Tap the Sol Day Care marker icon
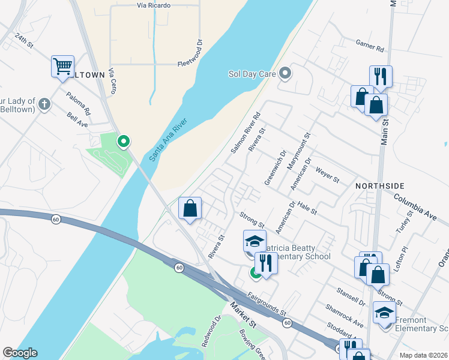(285, 74)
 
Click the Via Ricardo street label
(154, 5)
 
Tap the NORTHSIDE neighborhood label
(379, 185)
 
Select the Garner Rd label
(369, 45)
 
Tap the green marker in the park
(124, 142)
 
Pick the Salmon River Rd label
(245, 131)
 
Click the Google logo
(19, 353)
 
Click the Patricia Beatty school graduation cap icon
(254, 241)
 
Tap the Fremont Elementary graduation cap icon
(384, 312)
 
